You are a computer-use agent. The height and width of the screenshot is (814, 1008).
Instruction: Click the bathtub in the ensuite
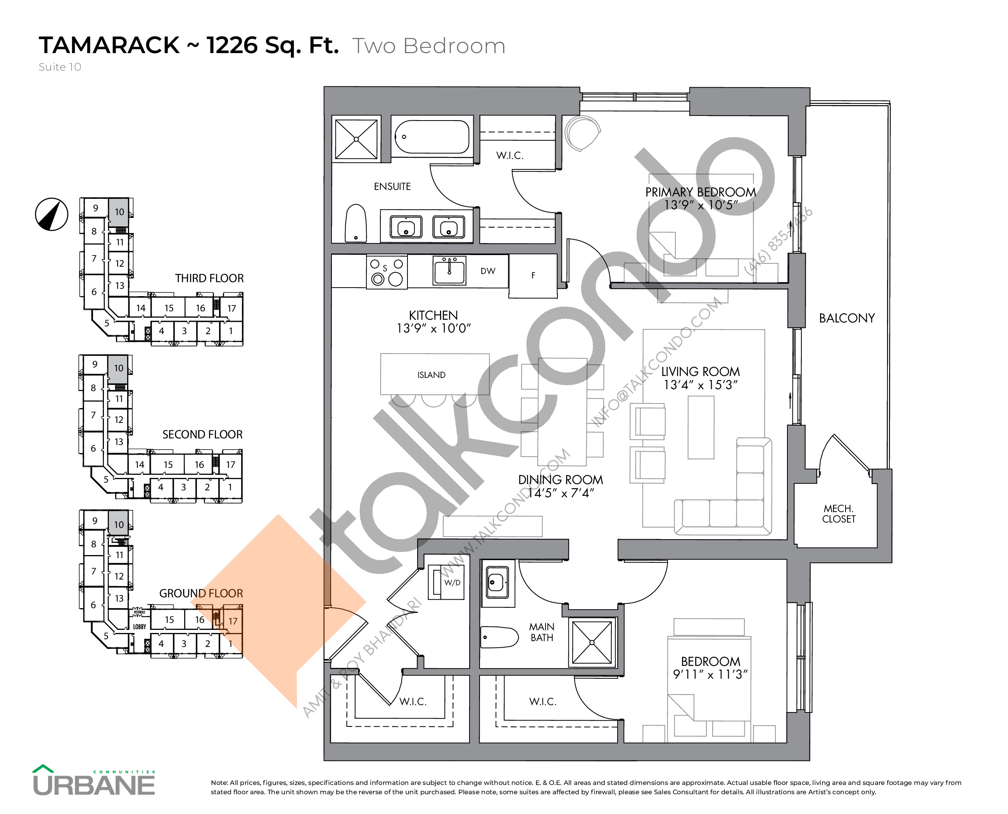point(432,137)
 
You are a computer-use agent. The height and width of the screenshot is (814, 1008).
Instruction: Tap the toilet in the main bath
point(498,637)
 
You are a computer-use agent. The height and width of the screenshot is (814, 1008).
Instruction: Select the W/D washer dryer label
point(452,583)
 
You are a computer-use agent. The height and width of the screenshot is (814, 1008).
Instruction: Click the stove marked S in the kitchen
point(387,272)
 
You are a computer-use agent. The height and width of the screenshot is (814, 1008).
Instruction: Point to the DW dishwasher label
point(487,271)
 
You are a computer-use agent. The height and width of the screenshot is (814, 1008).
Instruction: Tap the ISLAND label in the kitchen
point(431,375)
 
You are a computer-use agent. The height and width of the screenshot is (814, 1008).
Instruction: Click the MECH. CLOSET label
point(838,514)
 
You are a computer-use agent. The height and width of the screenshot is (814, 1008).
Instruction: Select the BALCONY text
point(846,318)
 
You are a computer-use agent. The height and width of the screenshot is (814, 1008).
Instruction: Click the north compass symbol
point(52,214)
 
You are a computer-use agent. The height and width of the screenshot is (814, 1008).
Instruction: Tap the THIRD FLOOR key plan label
point(209,279)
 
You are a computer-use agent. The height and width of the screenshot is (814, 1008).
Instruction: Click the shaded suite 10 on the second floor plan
point(118,369)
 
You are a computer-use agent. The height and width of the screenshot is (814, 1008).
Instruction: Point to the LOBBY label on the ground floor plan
point(139,626)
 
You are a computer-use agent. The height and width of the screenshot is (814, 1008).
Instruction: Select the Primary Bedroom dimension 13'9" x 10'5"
point(700,205)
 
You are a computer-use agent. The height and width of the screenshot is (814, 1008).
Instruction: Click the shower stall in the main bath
point(592,642)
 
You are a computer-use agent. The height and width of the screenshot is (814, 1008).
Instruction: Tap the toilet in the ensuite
point(356,223)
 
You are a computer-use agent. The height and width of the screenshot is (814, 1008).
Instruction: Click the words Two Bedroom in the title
point(428,46)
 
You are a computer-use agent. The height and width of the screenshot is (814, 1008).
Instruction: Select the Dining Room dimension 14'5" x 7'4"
point(561,493)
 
